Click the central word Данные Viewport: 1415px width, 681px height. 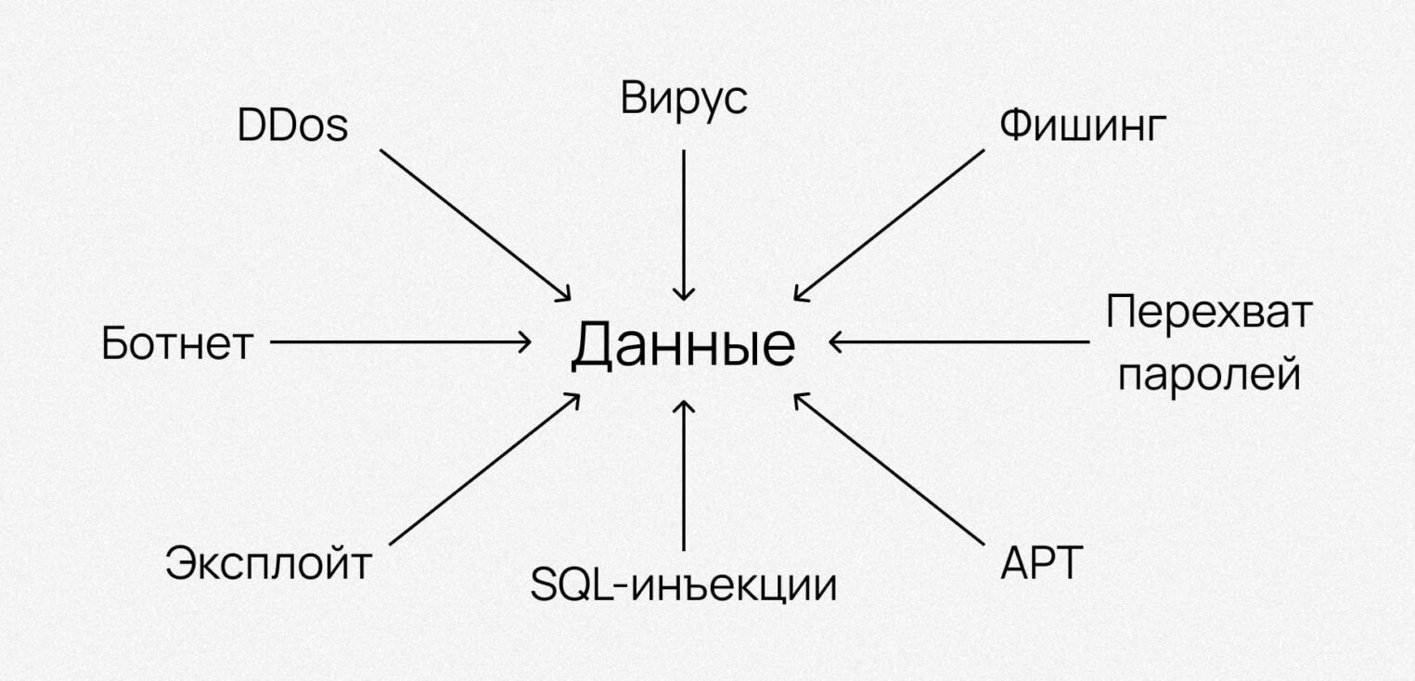point(683,346)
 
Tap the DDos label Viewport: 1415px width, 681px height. point(292,126)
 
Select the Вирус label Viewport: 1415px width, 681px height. point(684,99)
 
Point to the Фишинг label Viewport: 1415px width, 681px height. point(1080,127)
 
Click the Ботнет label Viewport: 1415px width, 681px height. point(176,344)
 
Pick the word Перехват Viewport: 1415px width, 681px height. point(1208,314)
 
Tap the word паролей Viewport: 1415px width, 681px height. point(1208,376)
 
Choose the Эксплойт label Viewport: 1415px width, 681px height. point(268,563)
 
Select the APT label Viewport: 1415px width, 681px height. point(1042,562)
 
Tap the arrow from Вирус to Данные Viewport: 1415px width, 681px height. point(684,223)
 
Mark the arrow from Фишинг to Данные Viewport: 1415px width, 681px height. point(889,224)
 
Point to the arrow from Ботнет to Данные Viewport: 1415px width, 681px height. point(399,342)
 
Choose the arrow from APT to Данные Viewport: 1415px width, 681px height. point(889,469)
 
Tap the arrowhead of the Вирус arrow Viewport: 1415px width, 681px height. point(684,294)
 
